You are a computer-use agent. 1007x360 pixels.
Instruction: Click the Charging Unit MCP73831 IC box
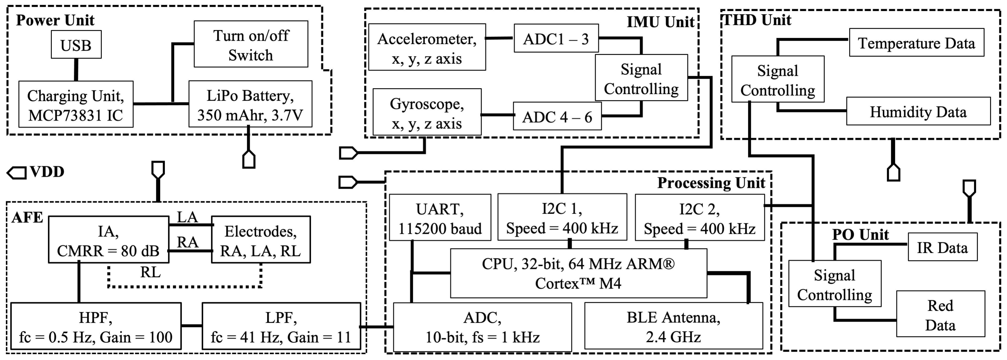click(76, 105)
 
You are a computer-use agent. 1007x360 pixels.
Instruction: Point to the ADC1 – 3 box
click(556, 39)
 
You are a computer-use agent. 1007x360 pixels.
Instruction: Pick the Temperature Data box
click(916, 43)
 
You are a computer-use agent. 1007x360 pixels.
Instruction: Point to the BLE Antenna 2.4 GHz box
click(673, 326)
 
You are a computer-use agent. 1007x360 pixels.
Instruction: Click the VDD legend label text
click(47, 172)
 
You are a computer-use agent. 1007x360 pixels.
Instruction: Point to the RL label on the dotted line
click(151, 272)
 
